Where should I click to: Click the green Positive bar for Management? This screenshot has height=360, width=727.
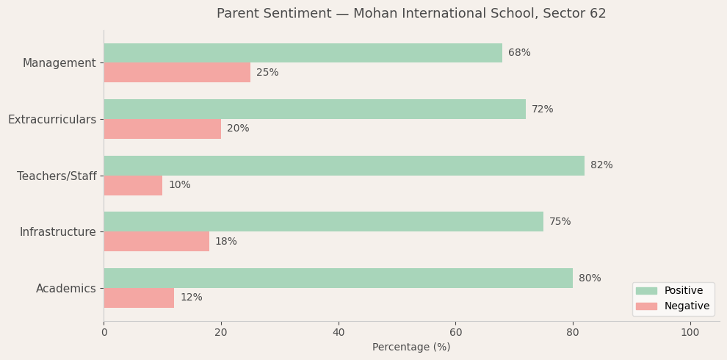click(x=303, y=53)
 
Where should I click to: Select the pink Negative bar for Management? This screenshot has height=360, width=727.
click(x=177, y=73)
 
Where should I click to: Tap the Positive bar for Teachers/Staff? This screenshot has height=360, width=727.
click(x=344, y=165)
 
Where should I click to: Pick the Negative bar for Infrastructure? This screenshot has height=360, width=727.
click(x=156, y=242)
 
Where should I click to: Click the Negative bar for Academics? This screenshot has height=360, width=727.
click(x=139, y=298)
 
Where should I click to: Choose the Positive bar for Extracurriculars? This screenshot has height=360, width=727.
click(x=314, y=109)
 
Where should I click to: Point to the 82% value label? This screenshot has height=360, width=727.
click(x=601, y=165)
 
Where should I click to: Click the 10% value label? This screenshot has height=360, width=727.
click(x=179, y=185)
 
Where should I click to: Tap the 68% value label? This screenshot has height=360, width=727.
click(x=519, y=53)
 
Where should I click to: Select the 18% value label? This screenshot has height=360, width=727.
click(x=226, y=242)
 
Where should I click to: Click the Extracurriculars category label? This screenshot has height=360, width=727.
click(x=52, y=119)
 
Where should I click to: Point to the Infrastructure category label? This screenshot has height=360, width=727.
click(x=58, y=232)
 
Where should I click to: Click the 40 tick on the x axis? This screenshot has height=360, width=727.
click(x=339, y=333)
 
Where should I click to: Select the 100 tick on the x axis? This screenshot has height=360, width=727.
click(x=690, y=333)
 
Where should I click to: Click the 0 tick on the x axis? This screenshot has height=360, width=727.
click(x=104, y=333)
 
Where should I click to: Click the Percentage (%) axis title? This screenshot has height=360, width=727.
click(x=411, y=348)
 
